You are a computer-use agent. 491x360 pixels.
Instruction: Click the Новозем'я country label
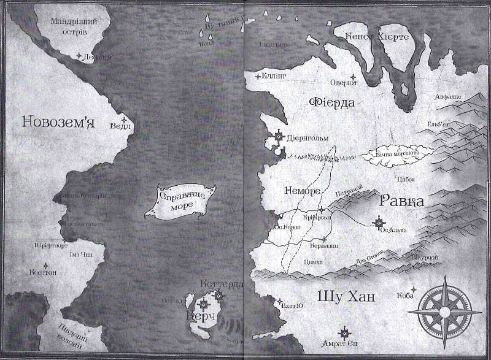tap(58, 123)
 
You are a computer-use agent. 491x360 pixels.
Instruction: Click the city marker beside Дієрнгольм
tap(280, 136)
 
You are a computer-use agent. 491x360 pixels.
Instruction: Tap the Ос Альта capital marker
tap(379, 221)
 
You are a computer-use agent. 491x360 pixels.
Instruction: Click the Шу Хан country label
tap(346, 297)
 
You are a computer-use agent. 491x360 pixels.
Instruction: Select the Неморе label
tap(303, 191)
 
